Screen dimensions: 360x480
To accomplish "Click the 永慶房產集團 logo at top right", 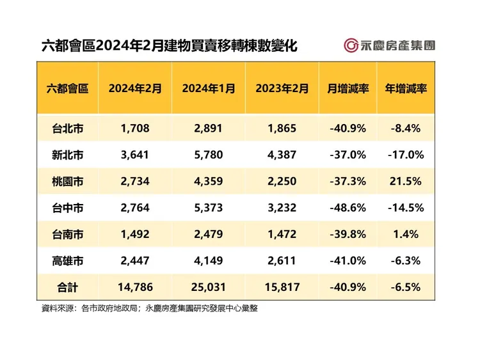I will point(389,45).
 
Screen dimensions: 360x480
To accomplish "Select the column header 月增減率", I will point(348,88).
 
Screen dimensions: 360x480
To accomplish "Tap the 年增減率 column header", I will point(406,88).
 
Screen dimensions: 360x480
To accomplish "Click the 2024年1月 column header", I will point(208,88).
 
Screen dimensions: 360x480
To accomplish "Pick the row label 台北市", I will point(67,129).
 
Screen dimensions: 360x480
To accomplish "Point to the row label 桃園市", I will point(67,182).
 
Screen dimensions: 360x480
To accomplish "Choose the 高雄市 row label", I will point(67,261).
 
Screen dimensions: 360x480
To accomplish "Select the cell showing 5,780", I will point(208,155).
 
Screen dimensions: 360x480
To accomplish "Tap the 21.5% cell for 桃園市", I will point(406,182).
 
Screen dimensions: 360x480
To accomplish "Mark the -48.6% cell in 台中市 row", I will point(348,208).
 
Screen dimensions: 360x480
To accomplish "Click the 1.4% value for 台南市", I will point(406,235).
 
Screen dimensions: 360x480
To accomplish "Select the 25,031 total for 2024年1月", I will point(208,288).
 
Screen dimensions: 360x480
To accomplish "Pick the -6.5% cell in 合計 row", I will point(406,288).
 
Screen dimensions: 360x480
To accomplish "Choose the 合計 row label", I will point(67,288).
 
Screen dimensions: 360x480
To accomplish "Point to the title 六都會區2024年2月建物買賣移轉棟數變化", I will point(169,46).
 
